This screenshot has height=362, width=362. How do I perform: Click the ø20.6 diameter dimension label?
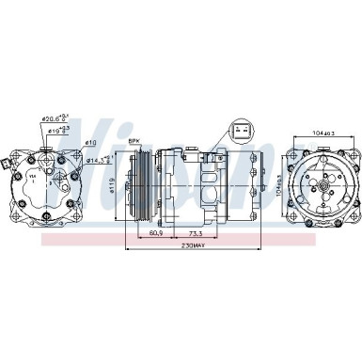(x=55, y=118)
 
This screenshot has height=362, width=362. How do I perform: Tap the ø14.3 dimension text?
(x=97, y=161)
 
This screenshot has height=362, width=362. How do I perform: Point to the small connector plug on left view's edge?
(x=8, y=165)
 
